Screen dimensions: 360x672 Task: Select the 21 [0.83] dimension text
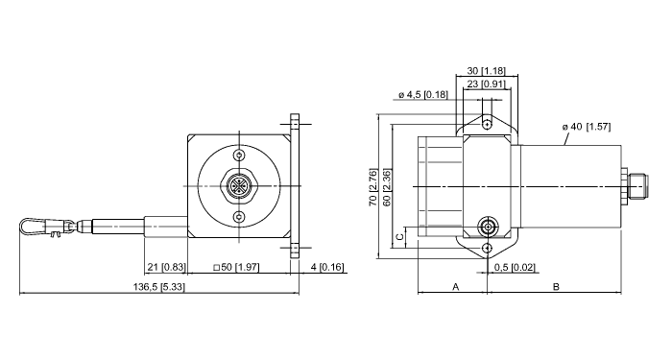point(166,266)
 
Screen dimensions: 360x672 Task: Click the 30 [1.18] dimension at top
point(487,72)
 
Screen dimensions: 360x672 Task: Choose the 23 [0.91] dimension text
point(487,84)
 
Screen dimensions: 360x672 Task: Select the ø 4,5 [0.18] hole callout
point(422,94)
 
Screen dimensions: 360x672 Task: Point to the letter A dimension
point(455,286)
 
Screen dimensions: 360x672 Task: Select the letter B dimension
point(557,286)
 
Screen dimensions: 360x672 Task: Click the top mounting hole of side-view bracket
point(488,124)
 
